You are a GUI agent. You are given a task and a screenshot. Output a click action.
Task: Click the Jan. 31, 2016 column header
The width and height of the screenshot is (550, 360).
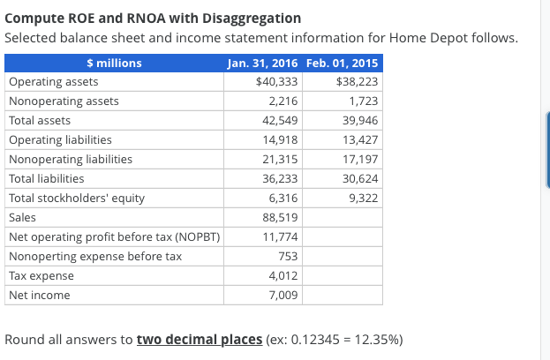pyautogui.click(x=261, y=63)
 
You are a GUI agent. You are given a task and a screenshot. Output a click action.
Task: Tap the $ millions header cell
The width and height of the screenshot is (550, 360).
pyautogui.click(x=114, y=63)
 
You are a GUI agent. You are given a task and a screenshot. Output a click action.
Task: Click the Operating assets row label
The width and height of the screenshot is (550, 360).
pyautogui.click(x=48, y=82)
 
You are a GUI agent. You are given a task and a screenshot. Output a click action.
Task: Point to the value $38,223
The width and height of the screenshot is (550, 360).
pyautogui.click(x=358, y=82)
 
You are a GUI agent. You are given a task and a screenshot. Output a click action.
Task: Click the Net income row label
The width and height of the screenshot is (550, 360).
pyautogui.click(x=39, y=295)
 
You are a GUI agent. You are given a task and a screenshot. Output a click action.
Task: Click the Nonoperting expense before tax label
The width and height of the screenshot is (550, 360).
pyautogui.click(x=95, y=256)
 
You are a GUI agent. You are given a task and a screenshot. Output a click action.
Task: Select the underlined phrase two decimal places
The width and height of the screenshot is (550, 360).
pyautogui.click(x=199, y=340)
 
